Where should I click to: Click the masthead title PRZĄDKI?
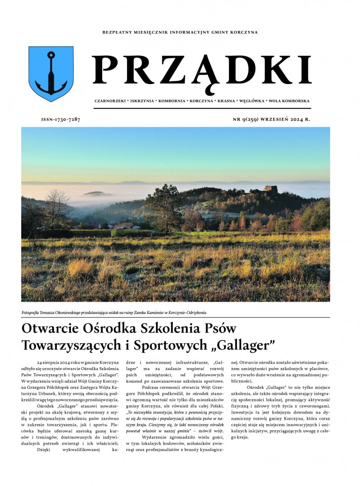click(202, 69)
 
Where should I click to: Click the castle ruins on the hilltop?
click(270, 190)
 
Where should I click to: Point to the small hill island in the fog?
click(96, 193)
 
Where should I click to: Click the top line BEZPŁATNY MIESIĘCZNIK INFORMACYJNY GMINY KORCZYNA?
click(180, 32)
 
